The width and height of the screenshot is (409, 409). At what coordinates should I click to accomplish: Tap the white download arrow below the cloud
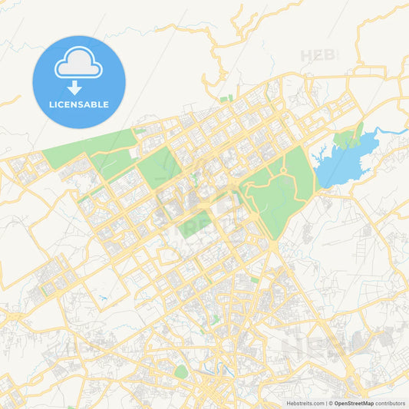[75, 87]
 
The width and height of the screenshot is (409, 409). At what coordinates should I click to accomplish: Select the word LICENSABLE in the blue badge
[79, 104]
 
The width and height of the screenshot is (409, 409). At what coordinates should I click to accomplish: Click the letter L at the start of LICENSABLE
[51, 104]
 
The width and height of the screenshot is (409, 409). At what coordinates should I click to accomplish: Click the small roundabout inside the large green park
[282, 170]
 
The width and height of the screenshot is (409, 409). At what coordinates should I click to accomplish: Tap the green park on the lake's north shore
[347, 138]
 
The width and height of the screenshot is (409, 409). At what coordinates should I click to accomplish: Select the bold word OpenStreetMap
[353, 403]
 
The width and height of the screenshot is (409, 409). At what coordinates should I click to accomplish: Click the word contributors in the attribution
[390, 403]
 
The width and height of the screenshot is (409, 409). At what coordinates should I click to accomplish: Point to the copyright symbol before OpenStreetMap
[331, 403]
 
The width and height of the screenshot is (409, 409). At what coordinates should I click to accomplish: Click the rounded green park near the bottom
[181, 372]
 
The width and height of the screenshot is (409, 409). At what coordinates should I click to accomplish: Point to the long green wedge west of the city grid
[84, 150]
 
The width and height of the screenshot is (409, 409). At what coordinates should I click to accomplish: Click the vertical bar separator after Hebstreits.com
[325, 403]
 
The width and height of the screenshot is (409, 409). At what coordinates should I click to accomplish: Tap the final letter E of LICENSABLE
[106, 104]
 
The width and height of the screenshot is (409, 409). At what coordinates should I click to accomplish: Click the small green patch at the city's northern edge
[226, 99]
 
